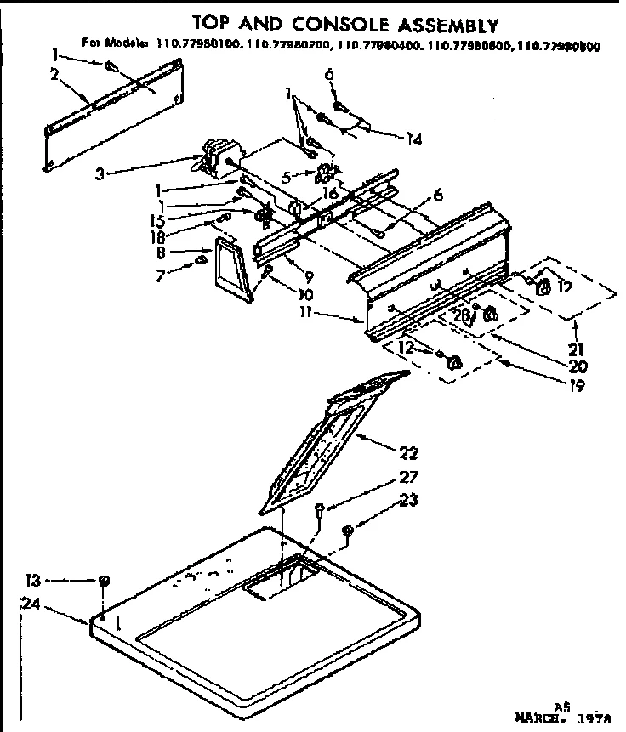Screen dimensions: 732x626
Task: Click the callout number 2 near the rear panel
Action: pyautogui.click(x=54, y=75)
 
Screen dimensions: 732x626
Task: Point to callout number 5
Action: pyautogui.click(x=286, y=178)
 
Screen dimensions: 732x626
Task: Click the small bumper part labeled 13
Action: pyautogui.click(x=104, y=581)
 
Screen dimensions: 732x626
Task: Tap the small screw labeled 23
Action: pyautogui.click(x=348, y=531)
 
